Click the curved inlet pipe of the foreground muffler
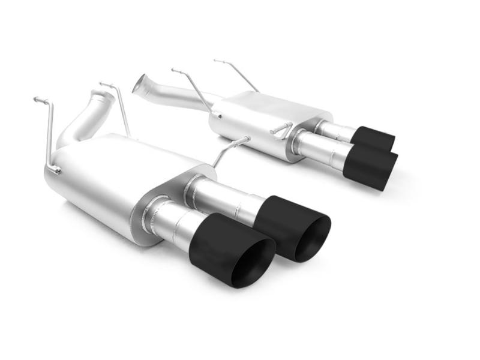coord(84,120)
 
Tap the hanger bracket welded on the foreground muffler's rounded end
coord(54,170)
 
